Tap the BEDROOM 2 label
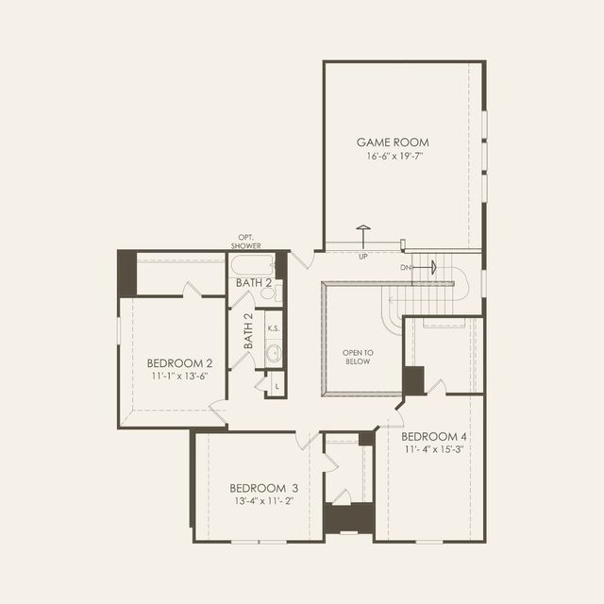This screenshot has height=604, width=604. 179,362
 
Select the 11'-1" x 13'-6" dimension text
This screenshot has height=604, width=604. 178,376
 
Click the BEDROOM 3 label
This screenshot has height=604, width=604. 264,488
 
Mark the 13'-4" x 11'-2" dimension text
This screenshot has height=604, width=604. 264,501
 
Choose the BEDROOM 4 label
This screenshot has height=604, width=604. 434,438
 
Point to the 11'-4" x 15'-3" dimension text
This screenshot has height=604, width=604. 434,450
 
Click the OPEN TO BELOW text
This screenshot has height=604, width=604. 359,357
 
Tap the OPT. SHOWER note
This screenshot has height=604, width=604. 245,242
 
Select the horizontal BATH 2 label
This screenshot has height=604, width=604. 254,282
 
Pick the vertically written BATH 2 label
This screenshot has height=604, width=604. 249,331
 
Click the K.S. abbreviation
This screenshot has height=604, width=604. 273,328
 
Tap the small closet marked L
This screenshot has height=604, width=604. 277,386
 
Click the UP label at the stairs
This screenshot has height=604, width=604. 363,256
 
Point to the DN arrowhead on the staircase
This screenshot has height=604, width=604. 433,268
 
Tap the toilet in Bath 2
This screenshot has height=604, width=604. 267,294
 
